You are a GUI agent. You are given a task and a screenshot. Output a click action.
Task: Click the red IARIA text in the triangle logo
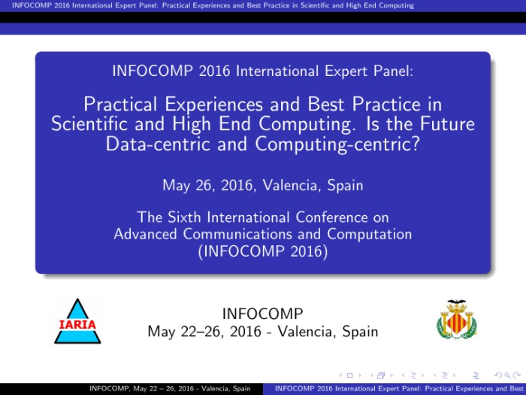77,324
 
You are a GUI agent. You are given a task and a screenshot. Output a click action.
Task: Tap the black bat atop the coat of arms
457,302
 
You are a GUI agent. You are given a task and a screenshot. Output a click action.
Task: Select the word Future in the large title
448,123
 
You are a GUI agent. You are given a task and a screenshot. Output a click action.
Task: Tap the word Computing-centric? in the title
337,144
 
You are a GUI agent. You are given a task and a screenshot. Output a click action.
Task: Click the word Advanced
145,234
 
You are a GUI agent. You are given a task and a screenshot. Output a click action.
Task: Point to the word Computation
370,234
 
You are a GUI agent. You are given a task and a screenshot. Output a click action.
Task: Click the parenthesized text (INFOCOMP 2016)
263,251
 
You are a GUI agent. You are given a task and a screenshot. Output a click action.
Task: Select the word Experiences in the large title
213,105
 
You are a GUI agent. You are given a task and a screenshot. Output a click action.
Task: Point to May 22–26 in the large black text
181,332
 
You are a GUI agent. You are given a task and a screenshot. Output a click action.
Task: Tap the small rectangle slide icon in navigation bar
350,375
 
